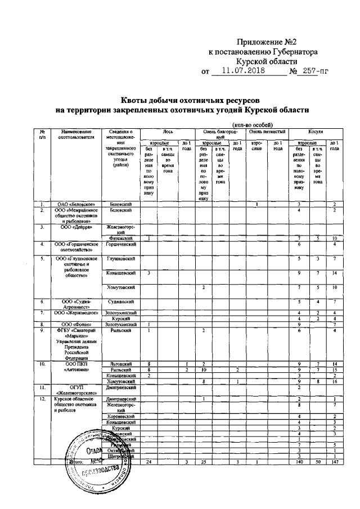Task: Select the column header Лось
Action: coord(167,130)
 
